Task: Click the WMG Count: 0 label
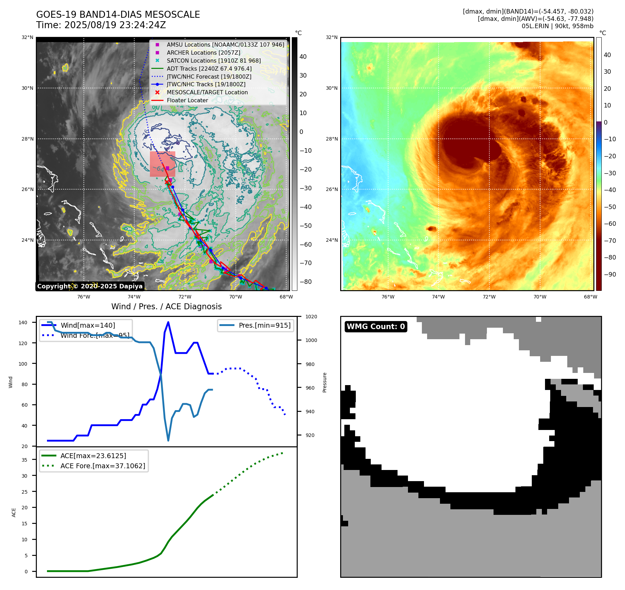376,326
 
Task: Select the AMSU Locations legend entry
225,45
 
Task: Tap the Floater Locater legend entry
187,100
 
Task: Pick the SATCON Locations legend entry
214,61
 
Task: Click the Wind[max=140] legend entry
88,325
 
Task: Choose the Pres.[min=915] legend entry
264,325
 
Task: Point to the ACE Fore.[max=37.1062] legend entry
103,465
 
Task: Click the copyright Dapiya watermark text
90,286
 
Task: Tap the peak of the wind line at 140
168,322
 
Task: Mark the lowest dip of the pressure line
168,440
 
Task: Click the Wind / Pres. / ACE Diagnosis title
166,306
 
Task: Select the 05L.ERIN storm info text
557,26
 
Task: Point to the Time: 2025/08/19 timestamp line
101,25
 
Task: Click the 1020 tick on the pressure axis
311,317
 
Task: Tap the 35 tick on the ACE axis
24,460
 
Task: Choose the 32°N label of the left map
27,37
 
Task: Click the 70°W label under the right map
540,297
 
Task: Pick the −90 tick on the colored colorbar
610,274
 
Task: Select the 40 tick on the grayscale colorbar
303,57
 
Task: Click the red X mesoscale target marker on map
167,182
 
